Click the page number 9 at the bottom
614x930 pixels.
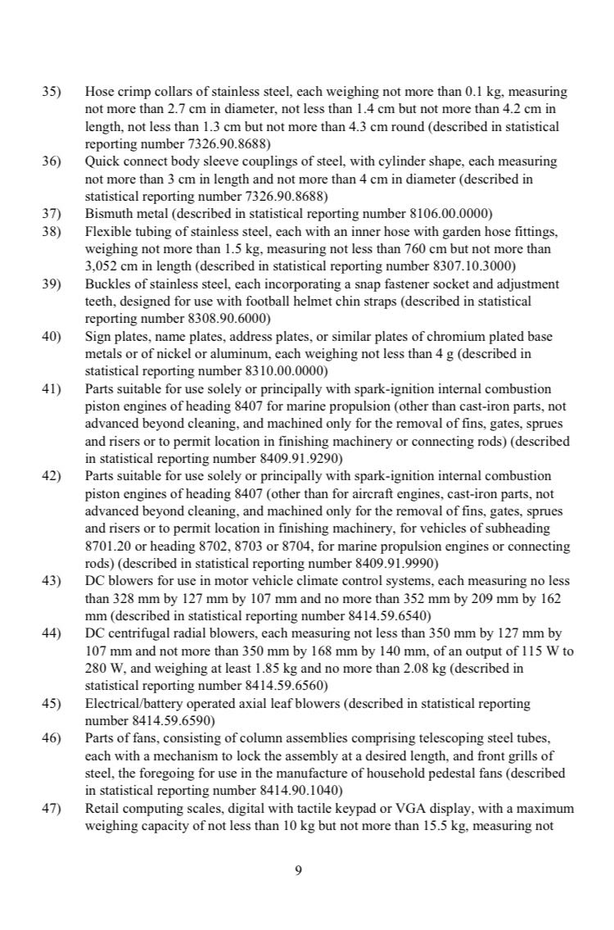(298, 871)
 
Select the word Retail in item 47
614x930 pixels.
(102, 807)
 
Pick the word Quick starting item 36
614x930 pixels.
(102, 162)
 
